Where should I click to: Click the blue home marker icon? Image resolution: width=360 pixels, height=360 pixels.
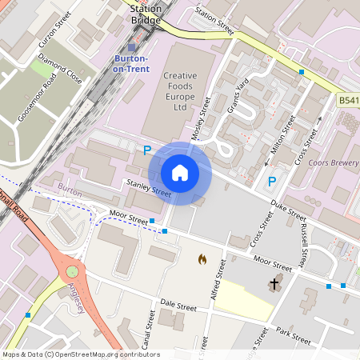(180, 172)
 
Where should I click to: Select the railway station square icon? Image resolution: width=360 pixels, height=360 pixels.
(132, 47)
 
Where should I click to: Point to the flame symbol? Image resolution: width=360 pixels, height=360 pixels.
(202, 259)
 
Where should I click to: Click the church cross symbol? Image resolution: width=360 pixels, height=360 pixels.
(274, 283)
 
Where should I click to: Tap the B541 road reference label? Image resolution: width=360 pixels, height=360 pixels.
(348, 101)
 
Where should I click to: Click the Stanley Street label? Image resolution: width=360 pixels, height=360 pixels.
(148, 190)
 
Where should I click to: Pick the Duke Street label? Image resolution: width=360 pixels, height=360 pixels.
(287, 210)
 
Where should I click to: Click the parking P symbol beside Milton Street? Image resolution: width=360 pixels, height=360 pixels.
(271, 182)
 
